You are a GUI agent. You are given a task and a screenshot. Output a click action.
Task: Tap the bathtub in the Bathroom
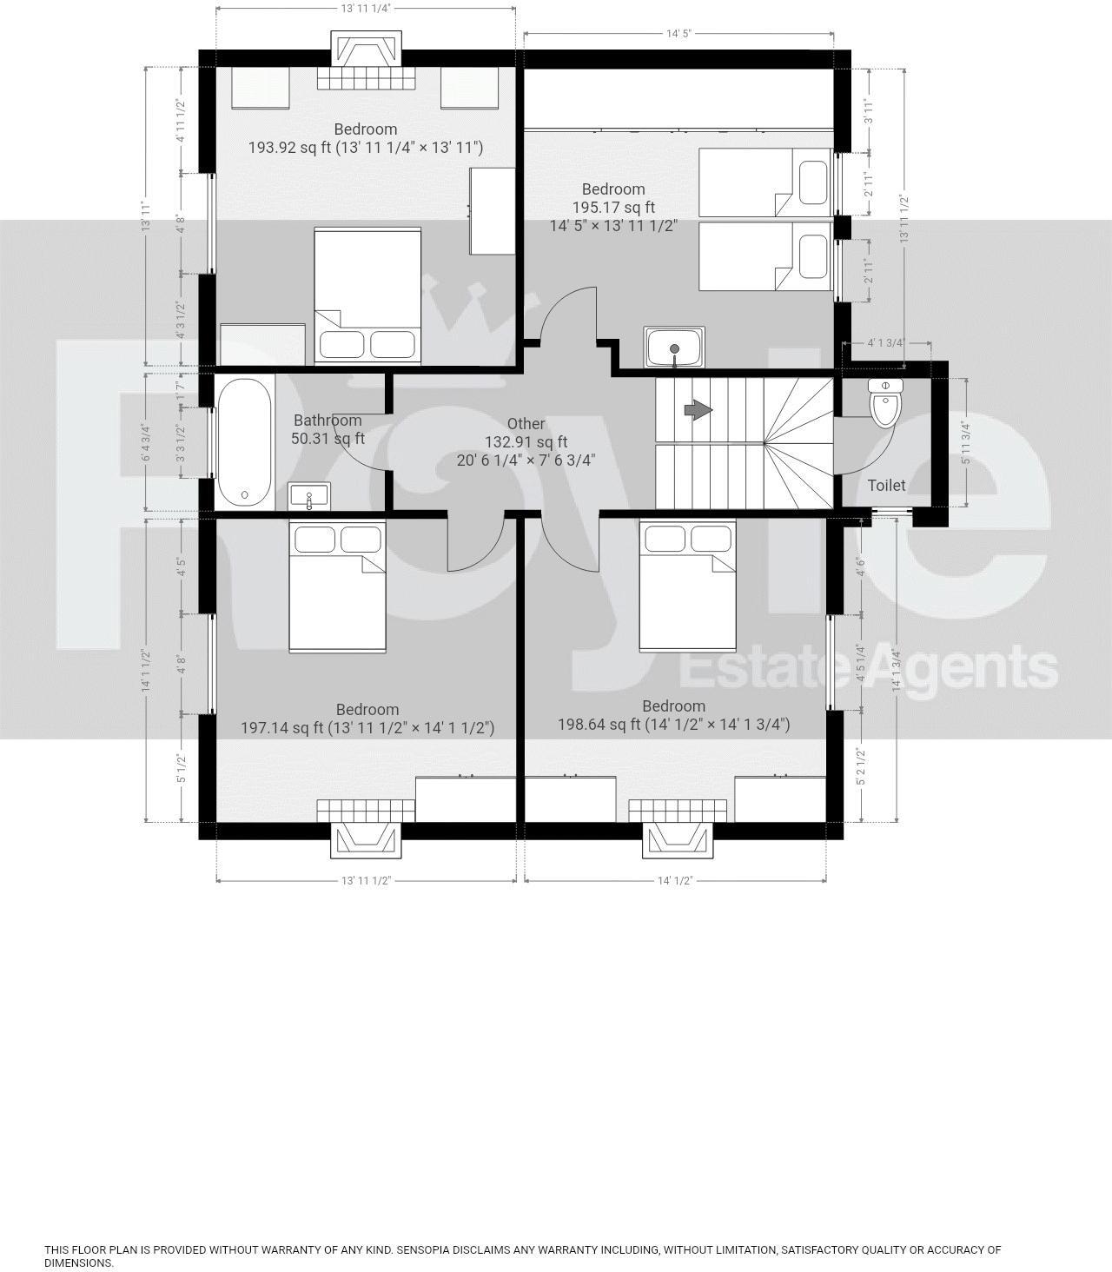[x=244, y=441]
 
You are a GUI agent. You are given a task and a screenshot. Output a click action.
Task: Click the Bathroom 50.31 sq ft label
[x=328, y=429]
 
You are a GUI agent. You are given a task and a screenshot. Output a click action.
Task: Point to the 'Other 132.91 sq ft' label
[x=526, y=441]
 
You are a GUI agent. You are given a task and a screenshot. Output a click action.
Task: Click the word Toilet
[x=886, y=485]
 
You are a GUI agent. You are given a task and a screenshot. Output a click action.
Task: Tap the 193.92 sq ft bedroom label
[x=366, y=139]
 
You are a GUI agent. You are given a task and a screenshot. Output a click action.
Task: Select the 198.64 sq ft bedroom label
[x=673, y=715]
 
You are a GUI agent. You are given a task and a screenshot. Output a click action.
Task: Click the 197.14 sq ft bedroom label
[x=367, y=719]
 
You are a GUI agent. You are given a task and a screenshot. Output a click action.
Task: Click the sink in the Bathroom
[x=308, y=497]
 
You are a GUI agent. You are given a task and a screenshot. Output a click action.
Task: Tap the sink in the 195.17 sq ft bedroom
[x=674, y=348]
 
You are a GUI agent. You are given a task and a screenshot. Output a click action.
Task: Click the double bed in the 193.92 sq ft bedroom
[x=367, y=295]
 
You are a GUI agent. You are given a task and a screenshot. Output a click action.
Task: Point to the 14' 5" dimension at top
[x=678, y=34]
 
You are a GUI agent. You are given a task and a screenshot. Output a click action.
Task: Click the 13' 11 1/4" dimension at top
[x=366, y=8]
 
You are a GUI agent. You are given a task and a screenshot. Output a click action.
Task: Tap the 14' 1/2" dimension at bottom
[x=674, y=880]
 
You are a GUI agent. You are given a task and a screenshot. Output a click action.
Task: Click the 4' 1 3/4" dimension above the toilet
[x=886, y=342]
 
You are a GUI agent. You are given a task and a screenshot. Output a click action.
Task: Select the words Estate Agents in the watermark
[x=867, y=668]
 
